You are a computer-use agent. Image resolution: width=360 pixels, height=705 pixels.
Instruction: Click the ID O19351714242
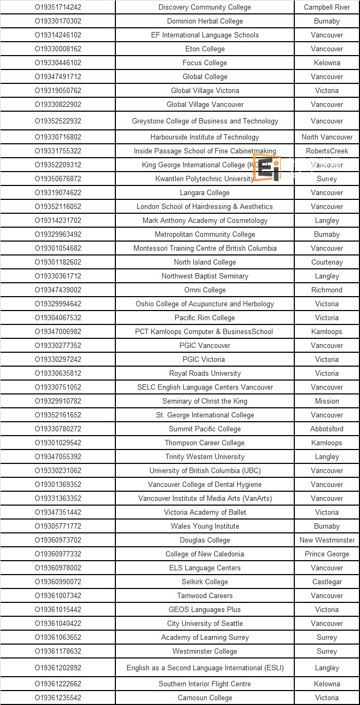tap(58, 7)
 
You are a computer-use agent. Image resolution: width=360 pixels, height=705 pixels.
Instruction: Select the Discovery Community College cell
tap(205, 7)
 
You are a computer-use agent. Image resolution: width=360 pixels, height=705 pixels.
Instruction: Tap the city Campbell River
tap(327, 7)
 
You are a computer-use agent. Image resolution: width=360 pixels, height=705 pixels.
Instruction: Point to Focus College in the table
tap(205, 63)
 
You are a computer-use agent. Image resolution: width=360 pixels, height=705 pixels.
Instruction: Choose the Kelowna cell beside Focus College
tap(327, 63)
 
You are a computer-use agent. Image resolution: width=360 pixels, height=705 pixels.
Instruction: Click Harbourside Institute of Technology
tap(205, 137)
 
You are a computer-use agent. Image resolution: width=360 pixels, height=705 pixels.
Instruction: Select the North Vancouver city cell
tap(327, 137)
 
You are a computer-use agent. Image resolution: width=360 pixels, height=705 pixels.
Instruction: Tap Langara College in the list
tap(205, 192)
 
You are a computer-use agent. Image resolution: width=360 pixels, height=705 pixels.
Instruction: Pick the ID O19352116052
tap(58, 206)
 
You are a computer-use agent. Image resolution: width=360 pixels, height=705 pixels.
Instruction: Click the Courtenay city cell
tap(327, 262)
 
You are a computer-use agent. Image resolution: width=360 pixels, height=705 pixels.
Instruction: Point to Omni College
tap(205, 290)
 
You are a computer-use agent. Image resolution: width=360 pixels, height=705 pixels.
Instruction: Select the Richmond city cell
tap(327, 290)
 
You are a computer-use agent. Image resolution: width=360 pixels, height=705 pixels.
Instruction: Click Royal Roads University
tap(205, 373)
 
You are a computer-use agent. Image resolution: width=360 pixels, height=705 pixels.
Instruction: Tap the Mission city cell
tap(327, 401)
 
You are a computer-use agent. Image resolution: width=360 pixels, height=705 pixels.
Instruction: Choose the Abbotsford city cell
tap(327, 429)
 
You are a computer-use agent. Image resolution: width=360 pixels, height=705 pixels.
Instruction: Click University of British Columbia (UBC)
tap(205, 470)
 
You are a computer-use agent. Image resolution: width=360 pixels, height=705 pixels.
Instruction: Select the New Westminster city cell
tap(327, 540)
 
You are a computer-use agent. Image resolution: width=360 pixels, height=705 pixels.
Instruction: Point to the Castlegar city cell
tap(327, 582)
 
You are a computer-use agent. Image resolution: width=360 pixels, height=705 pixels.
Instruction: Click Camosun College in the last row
tap(205, 698)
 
